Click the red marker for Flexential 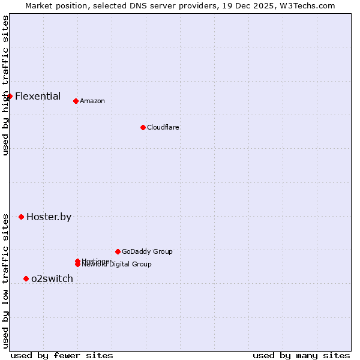10,96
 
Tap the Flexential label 38,96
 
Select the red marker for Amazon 76,101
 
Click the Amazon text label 92,101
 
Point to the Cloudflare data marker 143,127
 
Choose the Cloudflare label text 163,127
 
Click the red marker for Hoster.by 21,217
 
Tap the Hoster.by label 49,217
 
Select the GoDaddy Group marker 118,251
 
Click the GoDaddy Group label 147,251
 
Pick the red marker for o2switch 26,278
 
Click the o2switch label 52,278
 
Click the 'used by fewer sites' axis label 62,355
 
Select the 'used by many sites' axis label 301,355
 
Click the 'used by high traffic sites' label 5,85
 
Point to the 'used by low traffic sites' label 5,281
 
